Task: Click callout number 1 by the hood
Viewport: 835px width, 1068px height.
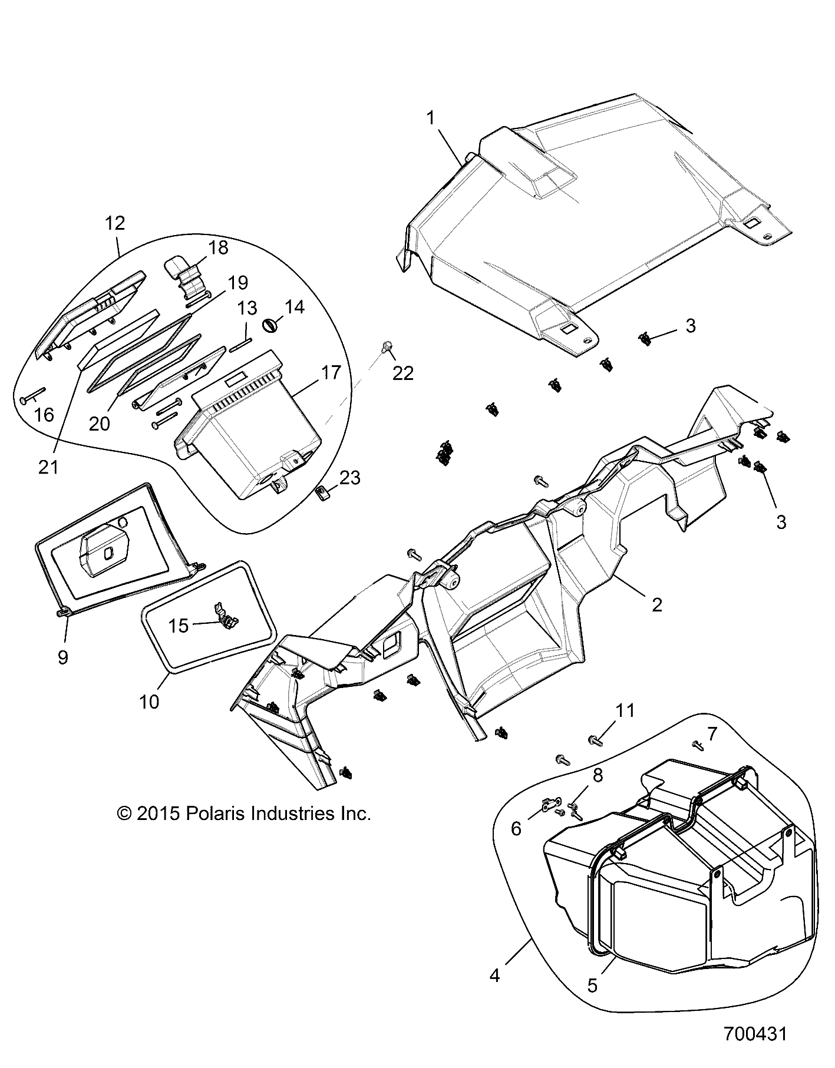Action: pos(431,118)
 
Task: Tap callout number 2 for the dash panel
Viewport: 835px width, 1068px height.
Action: pos(657,604)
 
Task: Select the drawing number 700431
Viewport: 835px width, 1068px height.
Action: pos(755,1034)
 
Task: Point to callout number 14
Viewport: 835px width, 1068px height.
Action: pos(294,307)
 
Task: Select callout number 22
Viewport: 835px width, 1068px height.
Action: pos(403,373)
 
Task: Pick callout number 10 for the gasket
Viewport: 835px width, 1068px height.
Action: pos(150,702)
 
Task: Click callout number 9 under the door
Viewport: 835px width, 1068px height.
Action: pos(62,657)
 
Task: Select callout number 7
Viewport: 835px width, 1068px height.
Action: pos(712,733)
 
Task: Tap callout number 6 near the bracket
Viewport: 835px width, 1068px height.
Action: pos(516,829)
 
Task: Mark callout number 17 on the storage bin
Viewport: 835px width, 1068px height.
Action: pos(331,372)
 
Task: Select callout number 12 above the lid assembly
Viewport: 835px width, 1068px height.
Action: pos(115,223)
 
